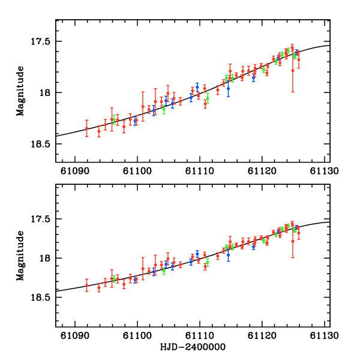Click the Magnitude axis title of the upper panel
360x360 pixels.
click(21, 91)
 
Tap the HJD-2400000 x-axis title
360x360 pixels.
click(193, 347)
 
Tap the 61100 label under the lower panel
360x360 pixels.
click(137, 335)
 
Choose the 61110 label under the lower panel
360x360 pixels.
click(199, 335)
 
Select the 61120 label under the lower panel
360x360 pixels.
click(262, 335)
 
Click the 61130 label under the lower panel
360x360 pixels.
click(324, 335)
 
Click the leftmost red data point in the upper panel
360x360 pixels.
click(86, 128)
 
